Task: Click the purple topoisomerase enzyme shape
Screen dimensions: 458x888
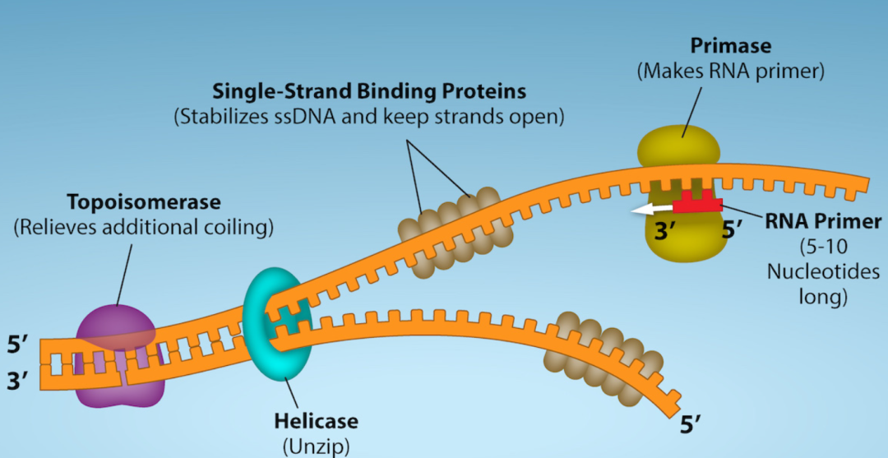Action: [119, 354]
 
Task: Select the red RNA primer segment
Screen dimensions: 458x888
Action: [697, 204]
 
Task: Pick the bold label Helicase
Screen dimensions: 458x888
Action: [316, 422]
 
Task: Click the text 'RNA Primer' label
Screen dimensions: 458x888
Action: [823, 221]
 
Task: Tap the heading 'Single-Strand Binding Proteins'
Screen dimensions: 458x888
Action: [369, 90]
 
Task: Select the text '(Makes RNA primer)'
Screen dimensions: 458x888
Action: [730, 72]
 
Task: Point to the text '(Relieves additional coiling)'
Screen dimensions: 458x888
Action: [143, 227]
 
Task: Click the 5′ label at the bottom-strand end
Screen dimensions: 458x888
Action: [693, 426]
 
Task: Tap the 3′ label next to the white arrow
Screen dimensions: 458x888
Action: [665, 231]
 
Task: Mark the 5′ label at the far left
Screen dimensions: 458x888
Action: [19, 345]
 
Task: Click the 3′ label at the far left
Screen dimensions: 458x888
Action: [19, 382]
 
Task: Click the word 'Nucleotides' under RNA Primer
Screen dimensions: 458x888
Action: [823, 271]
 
